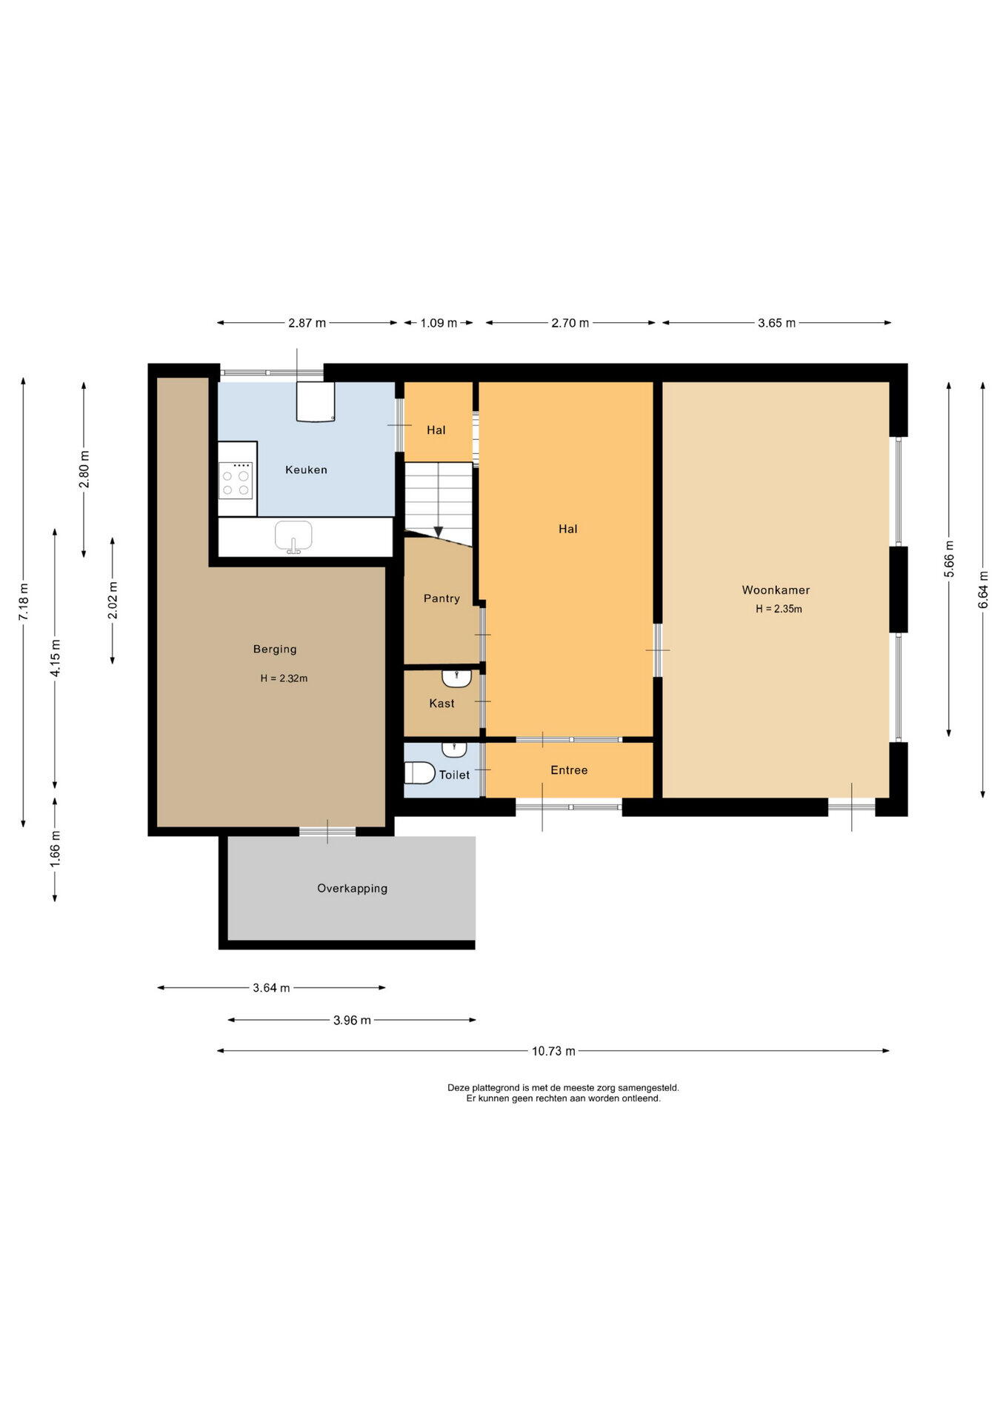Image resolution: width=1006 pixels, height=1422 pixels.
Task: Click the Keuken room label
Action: click(x=306, y=470)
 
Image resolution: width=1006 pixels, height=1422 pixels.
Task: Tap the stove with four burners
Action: click(x=236, y=480)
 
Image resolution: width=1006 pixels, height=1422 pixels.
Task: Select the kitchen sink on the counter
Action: click(x=293, y=536)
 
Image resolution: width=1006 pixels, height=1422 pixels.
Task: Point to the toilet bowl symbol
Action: click(x=419, y=772)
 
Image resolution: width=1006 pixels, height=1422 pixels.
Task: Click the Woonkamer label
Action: click(x=776, y=590)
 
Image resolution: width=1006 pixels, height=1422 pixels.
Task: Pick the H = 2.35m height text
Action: click(x=779, y=609)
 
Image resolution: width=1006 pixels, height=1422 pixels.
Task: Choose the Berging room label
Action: click(x=275, y=649)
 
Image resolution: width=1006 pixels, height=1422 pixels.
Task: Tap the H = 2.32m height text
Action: click(x=284, y=678)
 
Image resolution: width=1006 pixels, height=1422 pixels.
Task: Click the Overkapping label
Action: click(x=352, y=889)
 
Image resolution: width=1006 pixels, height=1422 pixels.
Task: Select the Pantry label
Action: click(x=442, y=598)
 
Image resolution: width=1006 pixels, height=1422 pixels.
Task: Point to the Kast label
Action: click(x=442, y=704)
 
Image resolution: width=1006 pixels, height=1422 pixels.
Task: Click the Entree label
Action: click(x=569, y=770)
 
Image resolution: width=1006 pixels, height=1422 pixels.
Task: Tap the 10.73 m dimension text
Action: click(x=553, y=1051)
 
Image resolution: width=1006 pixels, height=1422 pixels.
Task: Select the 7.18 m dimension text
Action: click(x=24, y=602)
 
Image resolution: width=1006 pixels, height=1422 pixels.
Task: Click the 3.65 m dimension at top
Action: click(x=776, y=323)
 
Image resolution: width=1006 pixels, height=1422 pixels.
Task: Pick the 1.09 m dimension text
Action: click(x=439, y=323)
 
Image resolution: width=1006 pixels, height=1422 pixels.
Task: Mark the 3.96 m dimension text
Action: click(x=352, y=1020)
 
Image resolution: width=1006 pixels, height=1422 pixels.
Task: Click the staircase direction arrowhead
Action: click(x=439, y=532)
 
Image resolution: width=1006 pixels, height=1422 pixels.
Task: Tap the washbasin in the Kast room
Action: click(x=457, y=678)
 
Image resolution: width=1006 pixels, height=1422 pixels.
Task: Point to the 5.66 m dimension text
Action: click(x=949, y=559)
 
